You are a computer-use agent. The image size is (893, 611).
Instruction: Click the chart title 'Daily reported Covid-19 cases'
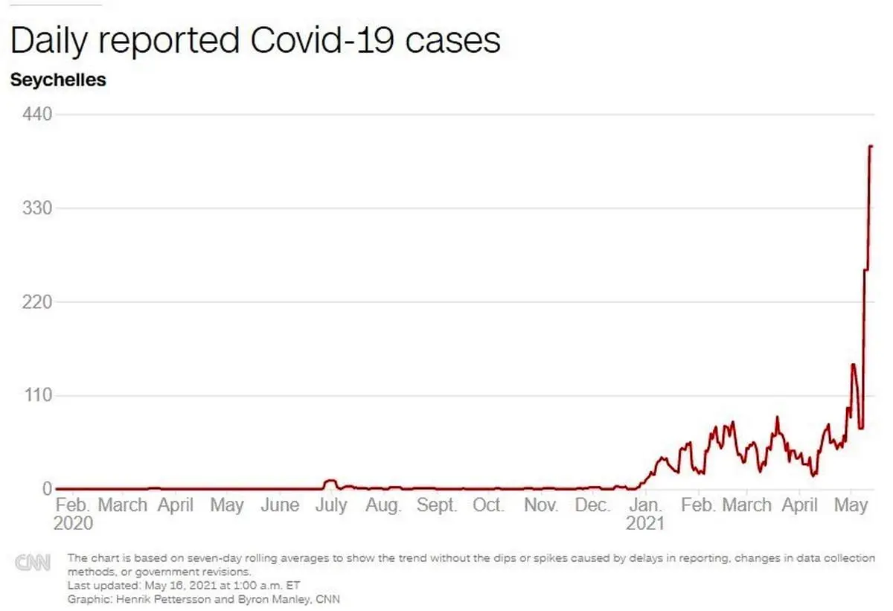point(255,40)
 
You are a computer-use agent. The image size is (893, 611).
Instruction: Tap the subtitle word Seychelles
point(58,80)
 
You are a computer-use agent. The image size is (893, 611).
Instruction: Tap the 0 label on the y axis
point(46,488)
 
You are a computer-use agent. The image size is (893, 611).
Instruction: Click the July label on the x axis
point(330,505)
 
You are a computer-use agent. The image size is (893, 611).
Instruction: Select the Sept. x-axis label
point(436,505)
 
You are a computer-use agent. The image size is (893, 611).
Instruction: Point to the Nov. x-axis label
point(541,505)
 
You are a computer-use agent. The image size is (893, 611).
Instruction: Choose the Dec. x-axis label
point(593,505)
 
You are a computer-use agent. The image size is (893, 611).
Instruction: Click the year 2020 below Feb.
point(73,523)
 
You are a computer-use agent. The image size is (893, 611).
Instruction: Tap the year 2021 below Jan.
point(645,523)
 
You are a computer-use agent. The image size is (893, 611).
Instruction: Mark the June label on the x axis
point(280,505)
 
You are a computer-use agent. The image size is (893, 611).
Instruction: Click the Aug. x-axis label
point(383,505)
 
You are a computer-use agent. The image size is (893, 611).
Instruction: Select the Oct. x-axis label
point(488,505)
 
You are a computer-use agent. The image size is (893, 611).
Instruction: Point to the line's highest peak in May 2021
point(871,146)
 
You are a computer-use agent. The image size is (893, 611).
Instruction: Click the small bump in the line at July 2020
point(331,481)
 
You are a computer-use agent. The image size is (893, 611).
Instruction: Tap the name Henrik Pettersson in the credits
point(142,598)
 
